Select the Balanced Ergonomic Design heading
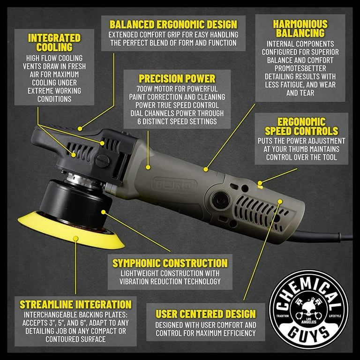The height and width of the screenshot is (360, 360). click(173, 23)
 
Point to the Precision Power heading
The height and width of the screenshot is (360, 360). click(177, 79)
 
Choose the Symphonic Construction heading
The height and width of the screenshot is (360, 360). click(170, 263)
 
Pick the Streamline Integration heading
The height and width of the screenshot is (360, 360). click(75, 304)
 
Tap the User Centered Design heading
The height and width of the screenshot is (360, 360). click(206, 314)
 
